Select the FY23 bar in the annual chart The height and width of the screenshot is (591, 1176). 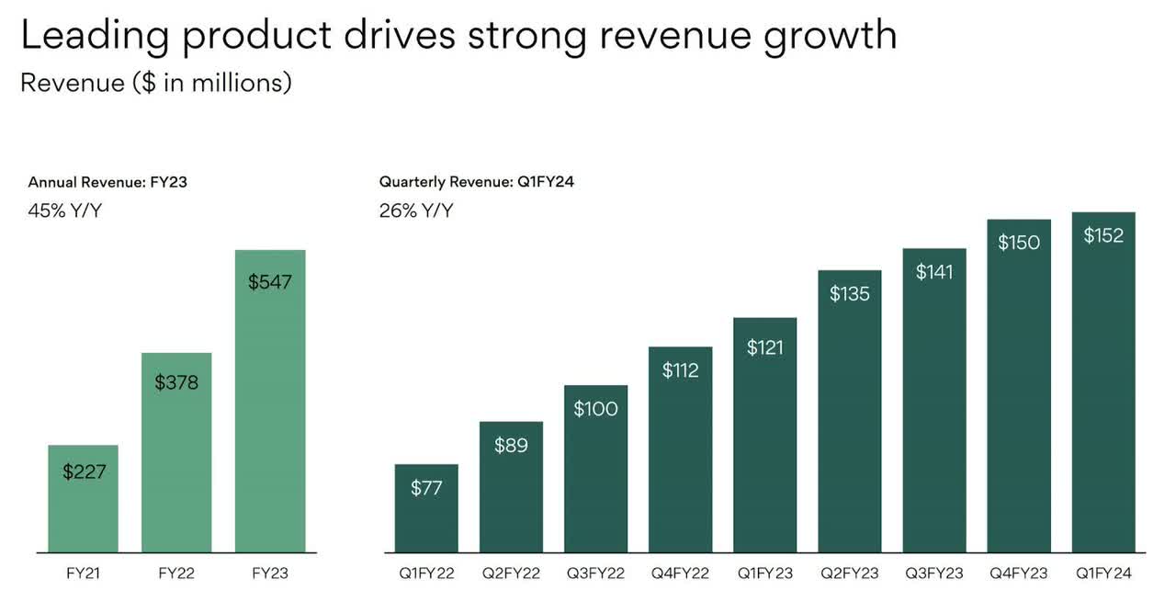point(270,414)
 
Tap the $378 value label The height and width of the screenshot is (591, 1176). point(176,381)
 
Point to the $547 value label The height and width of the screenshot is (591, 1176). point(270,282)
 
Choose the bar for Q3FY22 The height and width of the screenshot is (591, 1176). point(595,478)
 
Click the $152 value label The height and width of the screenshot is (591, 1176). point(1103,235)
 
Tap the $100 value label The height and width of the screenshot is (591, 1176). point(595,409)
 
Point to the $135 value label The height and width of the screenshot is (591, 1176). point(850,293)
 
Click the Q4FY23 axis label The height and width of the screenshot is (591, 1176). point(1019,574)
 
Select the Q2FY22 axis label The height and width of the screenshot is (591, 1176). point(511,574)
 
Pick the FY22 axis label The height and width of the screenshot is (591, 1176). point(176,574)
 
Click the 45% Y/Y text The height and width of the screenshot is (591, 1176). point(65,210)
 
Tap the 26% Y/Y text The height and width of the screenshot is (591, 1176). point(416,210)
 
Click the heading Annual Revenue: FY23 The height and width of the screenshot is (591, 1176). point(107,182)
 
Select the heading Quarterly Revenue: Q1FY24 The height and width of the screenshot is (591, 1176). point(477,182)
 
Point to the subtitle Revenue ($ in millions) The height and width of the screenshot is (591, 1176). point(156,83)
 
